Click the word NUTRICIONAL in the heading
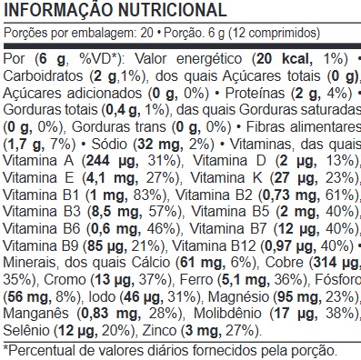[x=172, y=10]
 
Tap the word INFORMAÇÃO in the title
[x=58, y=9]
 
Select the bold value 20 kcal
[x=285, y=59]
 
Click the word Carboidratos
[x=43, y=75]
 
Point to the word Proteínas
[x=255, y=93]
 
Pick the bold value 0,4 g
[x=124, y=110]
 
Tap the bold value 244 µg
[x=112, y=161]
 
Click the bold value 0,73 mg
[x=291, y=195]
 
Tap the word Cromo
[x=65, y=280]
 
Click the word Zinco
[x=160, y=331]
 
